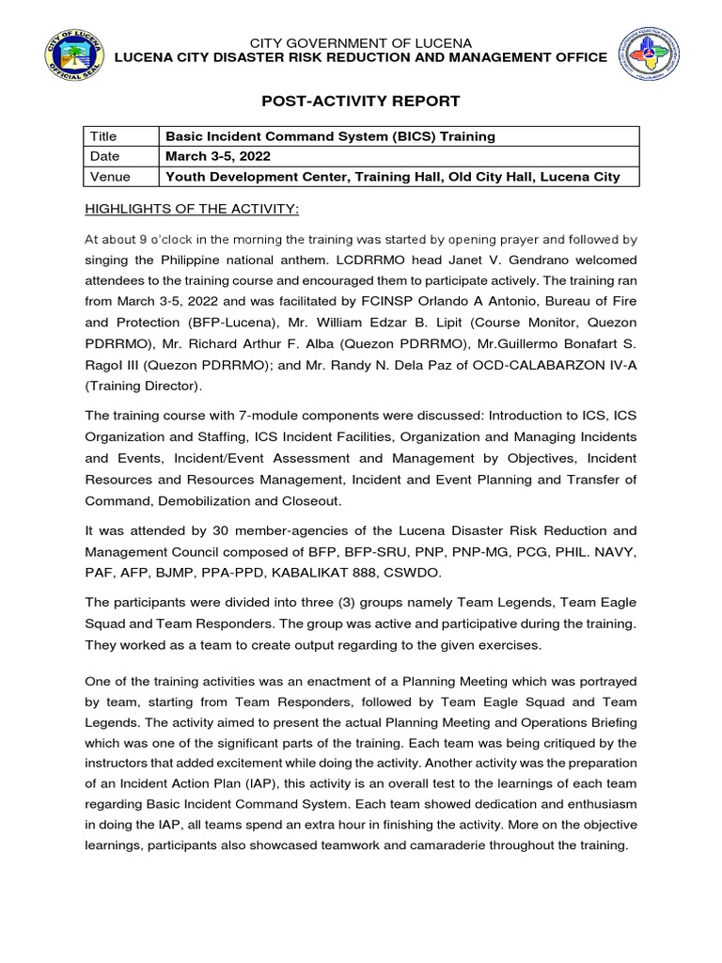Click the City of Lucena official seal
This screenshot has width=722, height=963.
pos(74,58)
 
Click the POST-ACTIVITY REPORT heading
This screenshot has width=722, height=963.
pos(361,101)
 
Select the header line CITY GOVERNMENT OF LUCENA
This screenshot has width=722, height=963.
pos(361,43)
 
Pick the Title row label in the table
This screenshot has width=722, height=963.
pos(105,136)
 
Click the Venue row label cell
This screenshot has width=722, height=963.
pos(110,176)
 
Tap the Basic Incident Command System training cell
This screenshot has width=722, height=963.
pos(330,136)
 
